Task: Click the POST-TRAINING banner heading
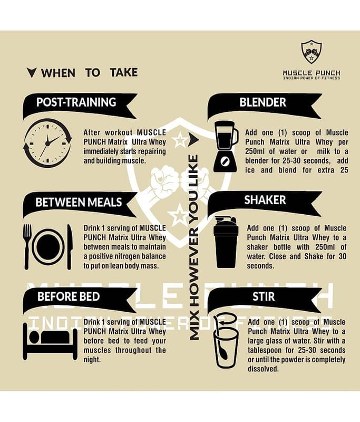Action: coord(76,102)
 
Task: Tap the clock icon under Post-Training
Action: coord(47,143)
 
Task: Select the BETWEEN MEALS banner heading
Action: coord(79,203)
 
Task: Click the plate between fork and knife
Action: coord(48,247)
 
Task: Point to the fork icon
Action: coord(27,246)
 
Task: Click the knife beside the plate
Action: coord(70,246)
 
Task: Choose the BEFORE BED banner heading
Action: coord(69,296)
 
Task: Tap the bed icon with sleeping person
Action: coord(50,341)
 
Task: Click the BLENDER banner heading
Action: coord(262,102)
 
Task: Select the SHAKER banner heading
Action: coord(265,200)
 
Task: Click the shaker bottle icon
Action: coord(226,242)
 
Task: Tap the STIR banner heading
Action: coord(264,296)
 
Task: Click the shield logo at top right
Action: coord(312,52)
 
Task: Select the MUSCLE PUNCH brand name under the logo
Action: coord(312,73)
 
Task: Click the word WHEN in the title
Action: coord(58,73)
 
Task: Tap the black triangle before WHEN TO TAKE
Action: coord(32,73)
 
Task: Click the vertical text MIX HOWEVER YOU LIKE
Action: coord(194,247)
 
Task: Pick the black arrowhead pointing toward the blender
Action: coord(193,139)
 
